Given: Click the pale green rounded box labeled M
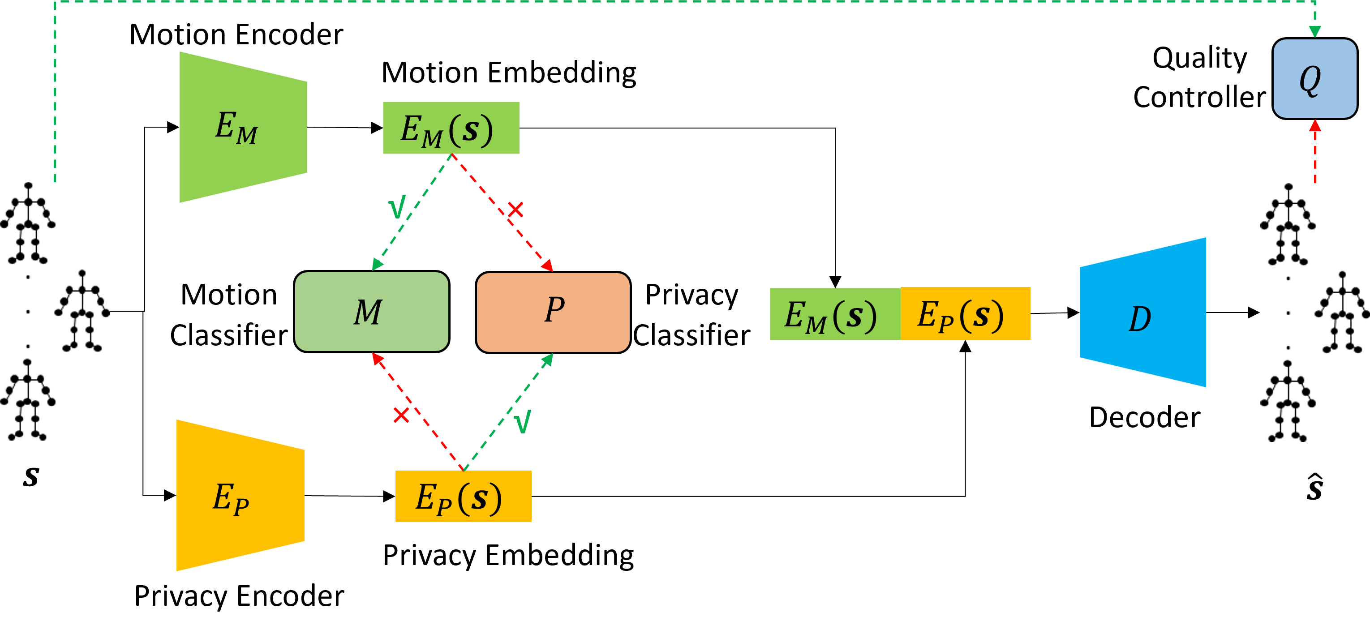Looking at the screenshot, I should click(x=371, y=312).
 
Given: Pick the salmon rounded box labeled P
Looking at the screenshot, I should click(x=553, y=312).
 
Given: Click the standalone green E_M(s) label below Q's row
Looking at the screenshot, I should click(x=451, y=128).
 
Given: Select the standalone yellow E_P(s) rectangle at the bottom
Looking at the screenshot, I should click(x=463, y=496).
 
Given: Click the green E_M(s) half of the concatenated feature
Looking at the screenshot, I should click(x=834, y=314).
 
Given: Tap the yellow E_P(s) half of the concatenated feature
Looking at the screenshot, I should click(x=965, y=313).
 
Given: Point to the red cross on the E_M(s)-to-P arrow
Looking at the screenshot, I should click(x=515, y=210).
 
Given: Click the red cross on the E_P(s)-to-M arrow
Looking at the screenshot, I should click(x=401, y=415).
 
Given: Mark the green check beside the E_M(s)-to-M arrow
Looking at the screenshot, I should click(x=397, y=207).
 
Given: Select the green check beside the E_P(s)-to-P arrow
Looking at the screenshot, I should click(x=523, y=421).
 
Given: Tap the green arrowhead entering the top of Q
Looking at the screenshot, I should click(x=1315, y=32).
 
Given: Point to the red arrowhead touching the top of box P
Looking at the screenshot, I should click(x=547, y=266).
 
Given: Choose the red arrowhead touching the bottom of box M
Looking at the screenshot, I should click(x=377, y=359).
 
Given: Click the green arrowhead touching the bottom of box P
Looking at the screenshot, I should click(x=548, y=360).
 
